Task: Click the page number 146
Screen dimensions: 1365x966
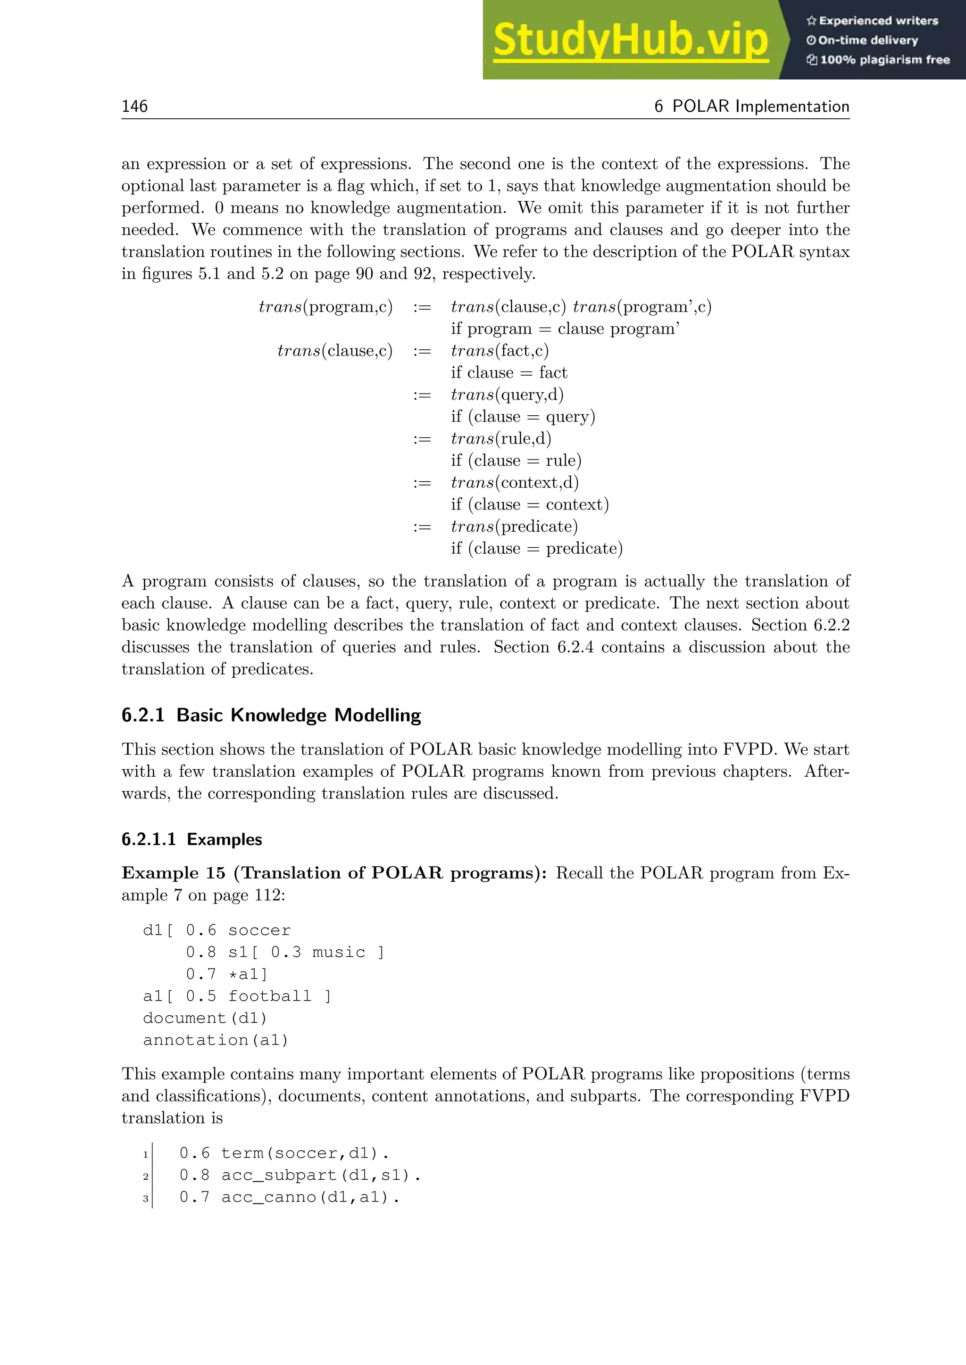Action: pyautogui.click(x=134, y=107)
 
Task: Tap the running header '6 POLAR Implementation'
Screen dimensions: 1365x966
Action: pyautogui.click(x=751, y=107)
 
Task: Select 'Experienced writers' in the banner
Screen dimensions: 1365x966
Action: pyautogui.click(x=872, y=21)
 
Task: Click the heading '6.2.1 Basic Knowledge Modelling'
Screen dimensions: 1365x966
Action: pyautogui.click(x=271, y=715)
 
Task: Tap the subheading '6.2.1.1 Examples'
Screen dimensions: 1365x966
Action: pyautogui.click(x=192, y=839)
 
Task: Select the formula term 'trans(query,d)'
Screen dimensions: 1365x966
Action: pyautogui.click(x=507, y=395)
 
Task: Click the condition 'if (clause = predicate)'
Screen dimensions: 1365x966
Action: pyautogui.click(x=536, y=548)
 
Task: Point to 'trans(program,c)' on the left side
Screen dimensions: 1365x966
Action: pyautogui.click(x=325, y=307)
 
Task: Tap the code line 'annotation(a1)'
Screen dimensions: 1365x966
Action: pyautogui.click(x=216, y=1040)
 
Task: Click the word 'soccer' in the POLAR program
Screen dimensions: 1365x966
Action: pyautogui.click(x=259, y=930)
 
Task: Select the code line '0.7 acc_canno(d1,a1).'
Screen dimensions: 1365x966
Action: pyautogui.click(x=289, y=1197)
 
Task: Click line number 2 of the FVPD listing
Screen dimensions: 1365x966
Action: pyautogui.click(x=145, y=1176)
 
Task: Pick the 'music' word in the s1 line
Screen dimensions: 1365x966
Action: pyautogui.click(x=339, y=953)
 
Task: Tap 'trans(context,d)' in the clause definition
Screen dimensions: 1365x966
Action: pyautogui.click(x=515, y=482)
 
